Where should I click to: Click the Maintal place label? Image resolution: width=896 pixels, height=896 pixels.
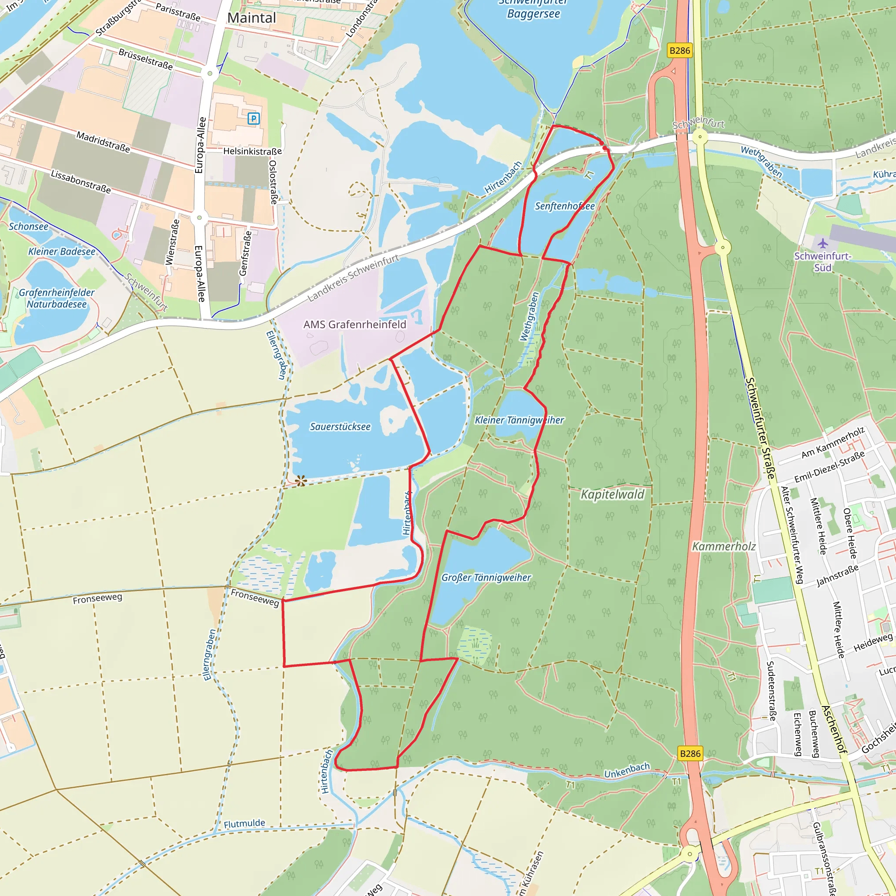252,18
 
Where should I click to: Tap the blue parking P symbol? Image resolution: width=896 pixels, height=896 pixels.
253,119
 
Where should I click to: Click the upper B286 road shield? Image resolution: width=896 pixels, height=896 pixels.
679,51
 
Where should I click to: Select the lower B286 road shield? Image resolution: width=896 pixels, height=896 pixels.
690,754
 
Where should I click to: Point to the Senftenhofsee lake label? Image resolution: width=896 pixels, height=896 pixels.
564,206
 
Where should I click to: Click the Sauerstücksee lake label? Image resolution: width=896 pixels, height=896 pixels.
340,427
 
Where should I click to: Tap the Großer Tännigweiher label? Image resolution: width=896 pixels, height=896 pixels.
486,577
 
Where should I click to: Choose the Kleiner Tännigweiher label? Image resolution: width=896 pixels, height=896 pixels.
519,420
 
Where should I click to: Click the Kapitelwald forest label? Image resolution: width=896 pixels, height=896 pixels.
612,494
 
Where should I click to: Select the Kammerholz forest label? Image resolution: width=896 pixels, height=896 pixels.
724,547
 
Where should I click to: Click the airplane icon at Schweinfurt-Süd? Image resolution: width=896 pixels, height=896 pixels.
823,243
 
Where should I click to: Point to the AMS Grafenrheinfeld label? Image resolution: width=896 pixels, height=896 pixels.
355,325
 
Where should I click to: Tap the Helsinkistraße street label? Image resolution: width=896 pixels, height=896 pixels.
252,151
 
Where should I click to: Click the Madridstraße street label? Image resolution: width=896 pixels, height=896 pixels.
103,142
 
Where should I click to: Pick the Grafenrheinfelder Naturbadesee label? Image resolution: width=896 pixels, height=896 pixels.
56,299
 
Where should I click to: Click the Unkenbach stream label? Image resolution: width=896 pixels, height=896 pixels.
626,770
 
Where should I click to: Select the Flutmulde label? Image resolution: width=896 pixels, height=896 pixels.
245,824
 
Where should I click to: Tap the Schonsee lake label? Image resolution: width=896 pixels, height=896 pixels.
28,227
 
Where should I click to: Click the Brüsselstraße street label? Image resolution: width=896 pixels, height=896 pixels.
146,59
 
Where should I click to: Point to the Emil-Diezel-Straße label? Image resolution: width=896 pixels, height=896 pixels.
829,467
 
